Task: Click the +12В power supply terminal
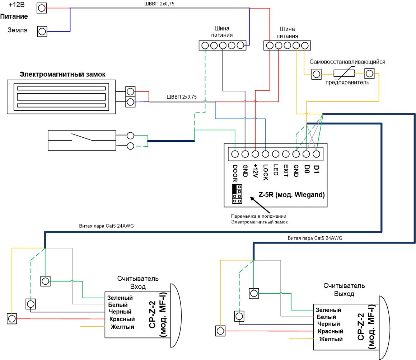tap(42, 8)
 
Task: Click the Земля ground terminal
tap(42, 32)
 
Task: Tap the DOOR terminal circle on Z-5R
tap(235, 154)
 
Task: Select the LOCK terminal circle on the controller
tap(265, 154)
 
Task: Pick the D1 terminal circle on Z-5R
tap(316, 154)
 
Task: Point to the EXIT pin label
tap(286, 170)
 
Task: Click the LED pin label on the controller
tap(276, 170)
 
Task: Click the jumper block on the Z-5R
tap(237, 194)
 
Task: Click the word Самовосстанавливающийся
tap(347, 62)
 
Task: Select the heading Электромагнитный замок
tap(62, 75)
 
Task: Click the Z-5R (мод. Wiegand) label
tap(291, 195)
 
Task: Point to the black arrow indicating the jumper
tap(260, 205)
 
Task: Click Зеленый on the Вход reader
tap(120, 298)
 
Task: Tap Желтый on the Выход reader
tap(331, 339)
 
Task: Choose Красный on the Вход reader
tap(122, 319)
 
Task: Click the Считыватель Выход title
tap(344, 290)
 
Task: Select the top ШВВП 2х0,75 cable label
tap(159, 4)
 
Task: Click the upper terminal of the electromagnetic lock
tap(130, 92)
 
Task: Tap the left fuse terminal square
tap(316, 74)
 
